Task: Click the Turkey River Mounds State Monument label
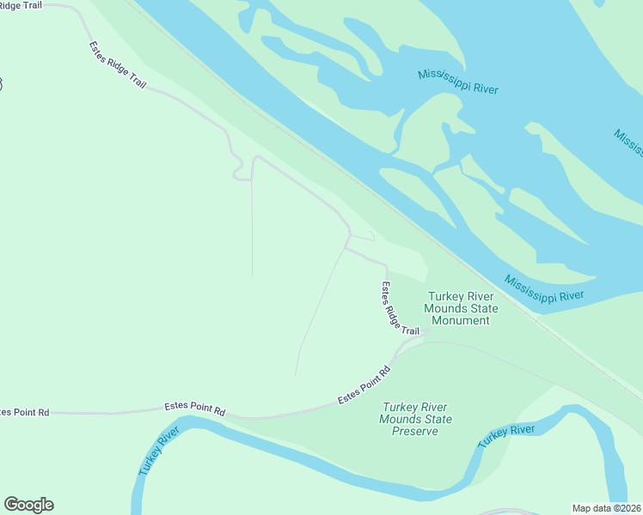coord(460,308)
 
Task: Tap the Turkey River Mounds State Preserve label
coord(416,419)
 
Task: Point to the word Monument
coord(460,321)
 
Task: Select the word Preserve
coord(415,431)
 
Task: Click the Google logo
coord(28,505)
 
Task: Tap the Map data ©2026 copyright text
coord(606,507)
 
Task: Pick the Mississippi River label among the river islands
coord(458,82)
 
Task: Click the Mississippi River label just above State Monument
coord(543,289)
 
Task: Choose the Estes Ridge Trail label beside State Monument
coord(401,309)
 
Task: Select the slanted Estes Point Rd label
coord(364,385)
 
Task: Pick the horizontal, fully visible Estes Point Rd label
coord(195,410)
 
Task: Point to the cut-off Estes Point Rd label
coord(24,413)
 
